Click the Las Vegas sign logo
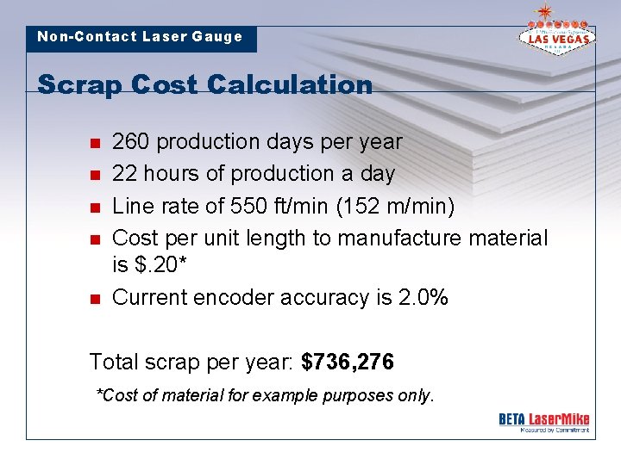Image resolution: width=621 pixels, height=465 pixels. [555, 32]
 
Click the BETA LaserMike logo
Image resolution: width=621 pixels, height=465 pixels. [543, 421]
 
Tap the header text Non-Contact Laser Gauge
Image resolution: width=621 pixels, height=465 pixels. [140, 37]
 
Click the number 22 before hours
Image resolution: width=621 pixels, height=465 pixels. [124, 173]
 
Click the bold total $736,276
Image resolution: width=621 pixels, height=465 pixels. [348, 362]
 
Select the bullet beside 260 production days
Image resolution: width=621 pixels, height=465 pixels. [95, 142]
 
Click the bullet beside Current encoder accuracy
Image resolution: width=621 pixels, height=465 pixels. [95, 299]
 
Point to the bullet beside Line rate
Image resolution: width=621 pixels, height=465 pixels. [95, 206]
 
